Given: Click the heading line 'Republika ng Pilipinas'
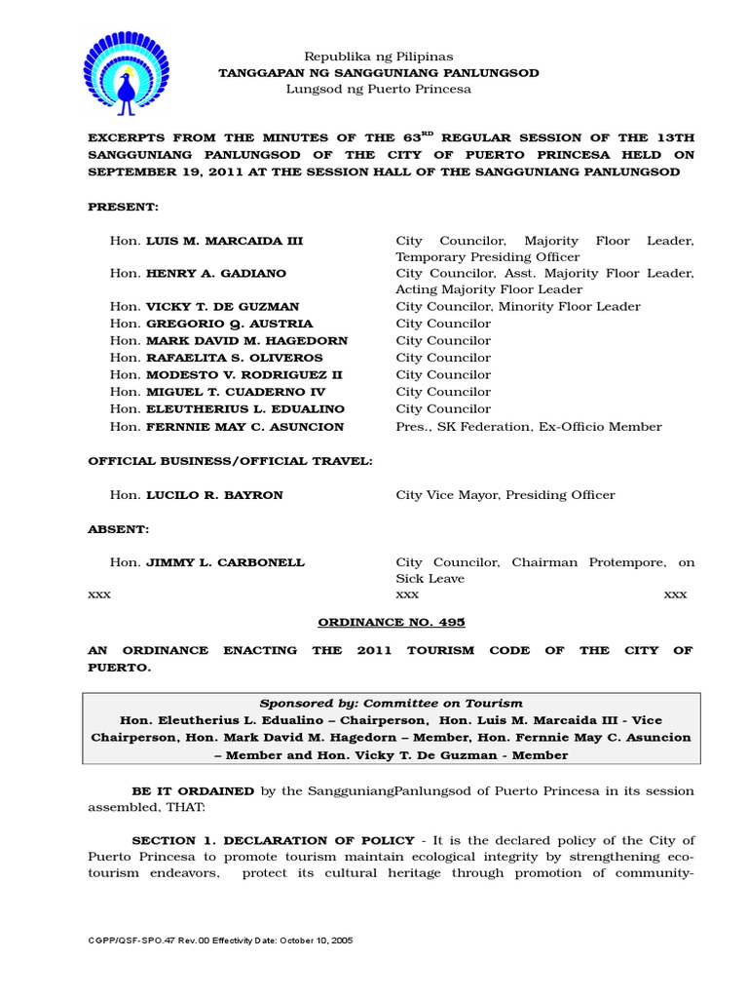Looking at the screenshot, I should tap(378, 57).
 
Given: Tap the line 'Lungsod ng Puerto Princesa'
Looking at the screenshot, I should tap(378, 89).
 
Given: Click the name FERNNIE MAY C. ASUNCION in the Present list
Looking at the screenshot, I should tap(244, 427).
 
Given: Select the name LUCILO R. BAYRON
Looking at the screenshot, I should tap(214, 495).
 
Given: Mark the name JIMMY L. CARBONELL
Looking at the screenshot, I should tap(225, 562).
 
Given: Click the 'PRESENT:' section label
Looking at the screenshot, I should tap(123, 207).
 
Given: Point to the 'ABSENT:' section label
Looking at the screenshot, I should tap(119, 529).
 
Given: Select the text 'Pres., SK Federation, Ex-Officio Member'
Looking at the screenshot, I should tap(528, 427).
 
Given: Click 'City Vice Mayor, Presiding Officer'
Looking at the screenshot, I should tap(505, 495).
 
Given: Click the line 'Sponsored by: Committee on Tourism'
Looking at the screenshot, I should tap(391, 703).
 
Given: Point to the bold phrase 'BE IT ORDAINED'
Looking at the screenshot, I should tap(193, 790).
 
